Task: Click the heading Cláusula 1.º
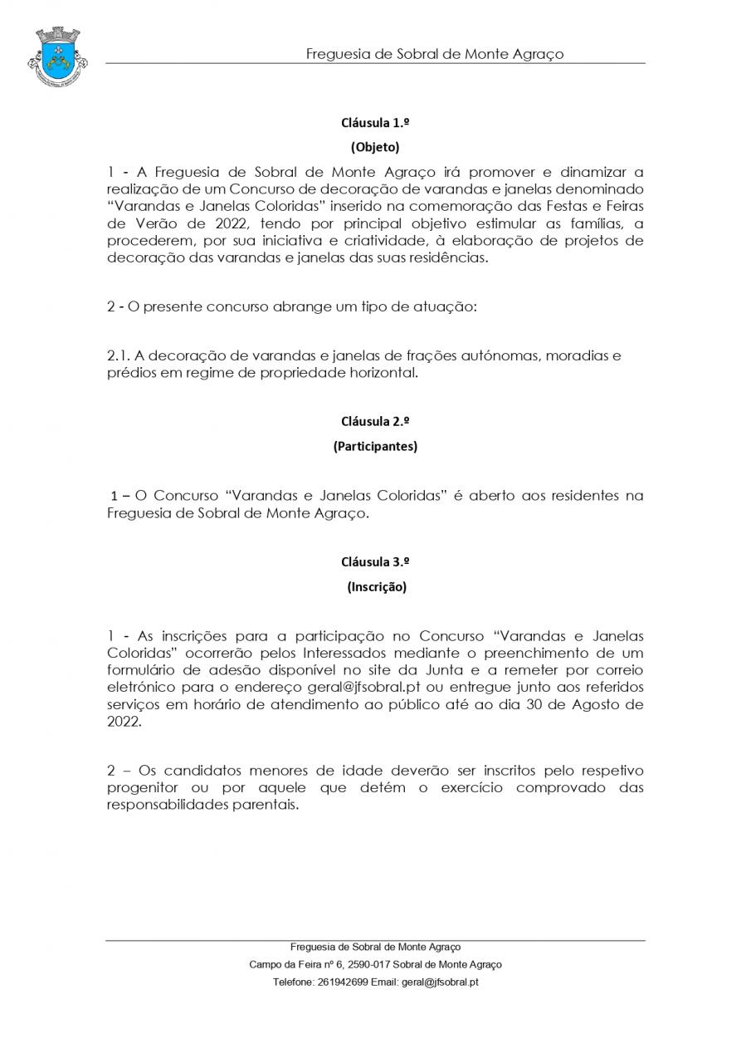tap(375, 123)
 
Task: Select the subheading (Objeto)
tap(375, 148)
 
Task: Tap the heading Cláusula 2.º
tap(375, 421)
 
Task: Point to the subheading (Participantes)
tap(375, 446)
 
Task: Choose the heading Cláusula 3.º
tap(375, 561)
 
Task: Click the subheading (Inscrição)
tap(376, 586)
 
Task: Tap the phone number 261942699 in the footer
tap(342, 982)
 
